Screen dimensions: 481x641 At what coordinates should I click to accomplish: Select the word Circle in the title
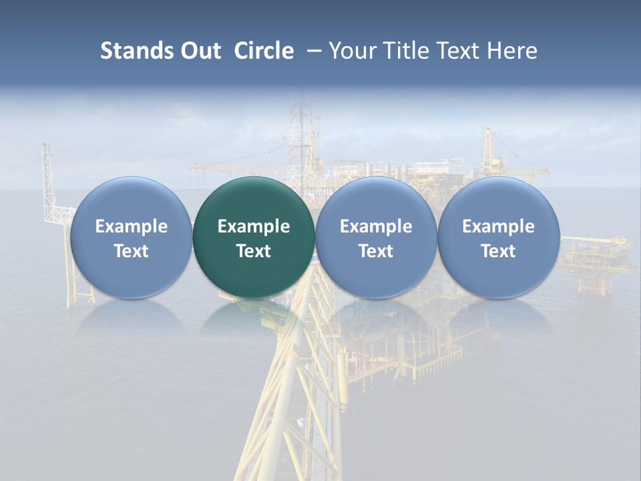coord(264,51)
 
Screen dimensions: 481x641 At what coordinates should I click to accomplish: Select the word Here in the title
coord(515,51)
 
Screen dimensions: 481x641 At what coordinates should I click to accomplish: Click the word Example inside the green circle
coord(254,226)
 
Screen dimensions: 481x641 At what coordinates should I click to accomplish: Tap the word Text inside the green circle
coord(254,251)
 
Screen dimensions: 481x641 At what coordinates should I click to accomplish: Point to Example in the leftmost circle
coord(131,226)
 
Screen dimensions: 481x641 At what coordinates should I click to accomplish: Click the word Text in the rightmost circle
coord(499,251)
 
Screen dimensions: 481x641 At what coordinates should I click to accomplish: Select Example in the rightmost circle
coord(499,226)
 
